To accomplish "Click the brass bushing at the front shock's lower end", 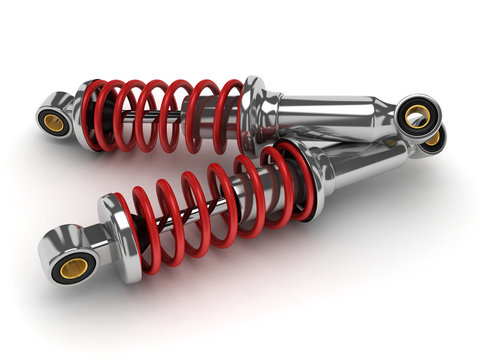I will pos(73,267).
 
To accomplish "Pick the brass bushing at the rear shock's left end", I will pos(52,122).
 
